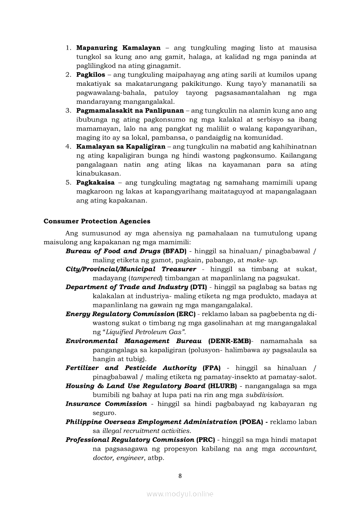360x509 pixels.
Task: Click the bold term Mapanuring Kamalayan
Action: pos(118,47)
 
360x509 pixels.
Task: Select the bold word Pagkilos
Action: pos(91,74)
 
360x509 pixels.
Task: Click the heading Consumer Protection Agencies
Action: pos(97,221)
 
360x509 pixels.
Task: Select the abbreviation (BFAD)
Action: pos(174,251)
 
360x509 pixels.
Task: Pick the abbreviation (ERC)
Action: pos(186,314)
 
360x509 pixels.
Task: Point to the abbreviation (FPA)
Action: pos(212,368)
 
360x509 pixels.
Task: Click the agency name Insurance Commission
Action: pos(106,404)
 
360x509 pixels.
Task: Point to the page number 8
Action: pos(180,475)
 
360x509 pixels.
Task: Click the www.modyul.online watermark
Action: pos(180,494)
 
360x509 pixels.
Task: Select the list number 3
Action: pos(68,111)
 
